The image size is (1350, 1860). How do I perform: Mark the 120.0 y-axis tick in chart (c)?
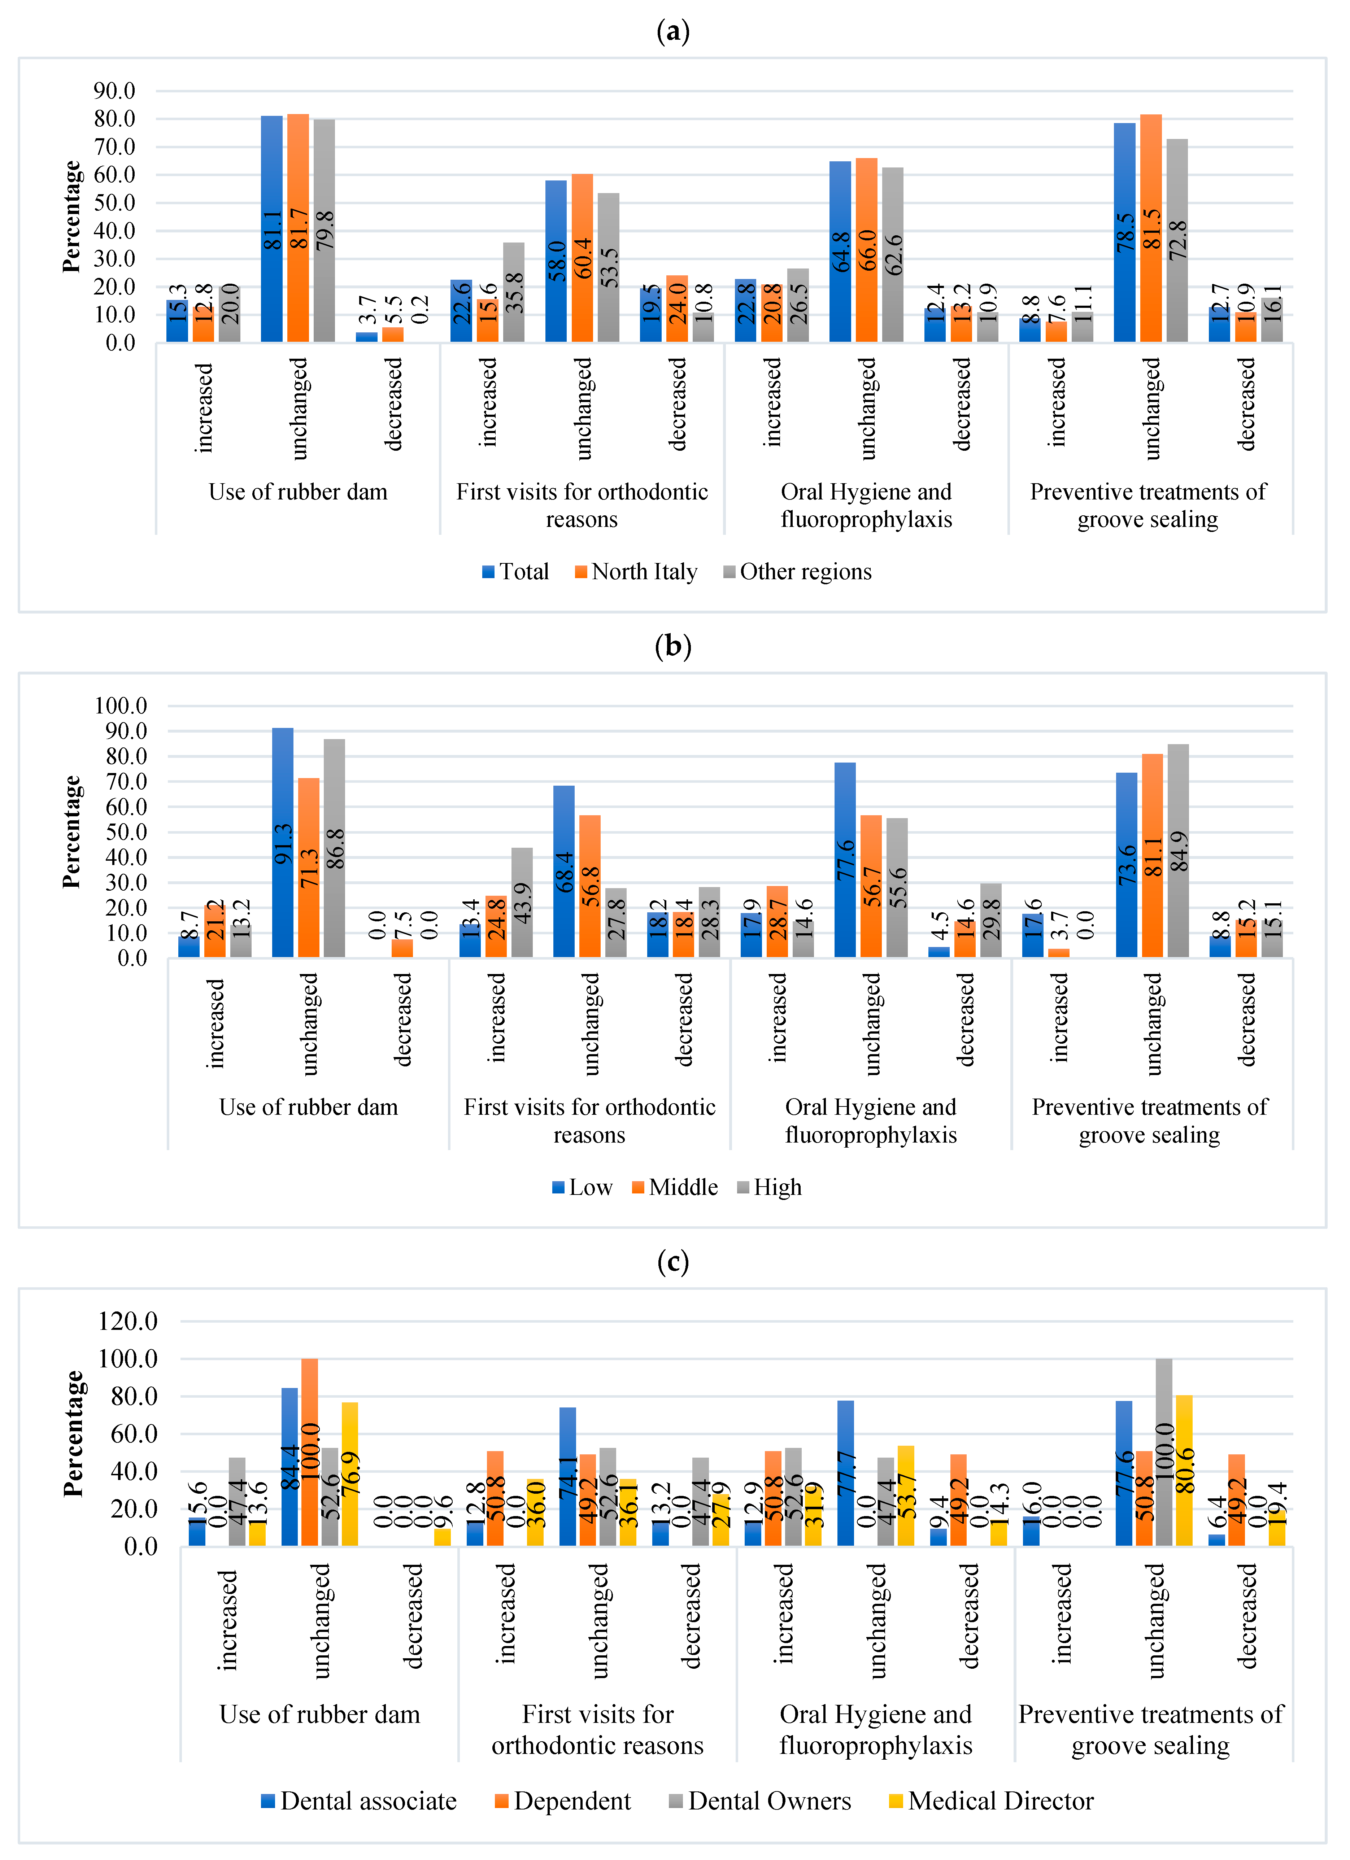(127, 1321)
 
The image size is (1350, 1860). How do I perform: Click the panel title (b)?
(673, 646)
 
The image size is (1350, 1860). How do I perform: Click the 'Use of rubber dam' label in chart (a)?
(298, 492)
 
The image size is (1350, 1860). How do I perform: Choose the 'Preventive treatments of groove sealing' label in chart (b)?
(1150, 1121)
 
